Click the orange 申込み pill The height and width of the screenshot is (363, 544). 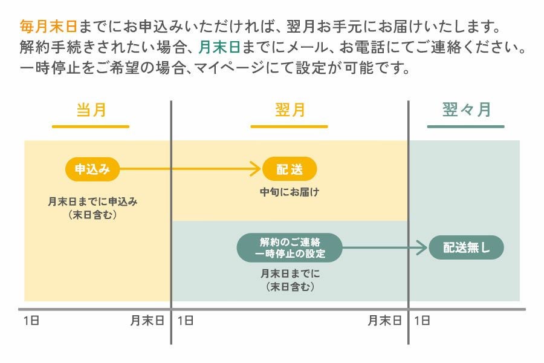pos(92,170)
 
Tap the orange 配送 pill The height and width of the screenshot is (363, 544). pos(290,170)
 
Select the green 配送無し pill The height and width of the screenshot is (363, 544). pos(466,247)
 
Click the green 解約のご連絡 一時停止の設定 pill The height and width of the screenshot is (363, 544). pos(290,247)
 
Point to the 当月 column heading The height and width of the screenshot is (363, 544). pos(91,110)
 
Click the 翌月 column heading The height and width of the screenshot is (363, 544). pos(290,110)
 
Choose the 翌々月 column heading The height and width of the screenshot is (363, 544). pos(466,110)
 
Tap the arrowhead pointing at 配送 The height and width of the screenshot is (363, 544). pos(256,170)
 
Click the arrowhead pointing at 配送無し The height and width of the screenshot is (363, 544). pos(423,247)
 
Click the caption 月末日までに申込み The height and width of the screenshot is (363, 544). pos(92,202)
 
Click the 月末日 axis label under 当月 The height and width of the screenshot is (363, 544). pos(147,321)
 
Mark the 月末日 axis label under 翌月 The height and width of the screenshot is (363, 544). pos(384,321)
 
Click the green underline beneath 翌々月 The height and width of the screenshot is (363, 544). pos(465,126)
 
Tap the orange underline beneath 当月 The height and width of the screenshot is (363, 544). pos(91,126)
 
